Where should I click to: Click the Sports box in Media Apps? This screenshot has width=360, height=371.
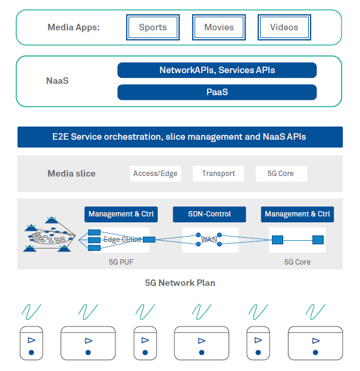pyautogui.click(x=153, y=27)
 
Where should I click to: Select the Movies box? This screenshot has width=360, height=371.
pyautogui.click(x=219, y=27)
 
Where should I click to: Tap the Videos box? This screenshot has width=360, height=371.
pyautogui.click(x=284, y=27)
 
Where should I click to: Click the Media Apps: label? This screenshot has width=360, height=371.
pyautogui.click(x=74, y=27)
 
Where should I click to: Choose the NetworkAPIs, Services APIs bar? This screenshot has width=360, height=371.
pyautogui.click(x=217, y=70)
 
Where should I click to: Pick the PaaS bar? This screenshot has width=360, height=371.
pyautogui.click(x=217, y=92)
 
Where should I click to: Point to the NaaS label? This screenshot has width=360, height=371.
pyautogui.click(x=57, y=80)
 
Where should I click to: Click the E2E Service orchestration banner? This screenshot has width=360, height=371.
pyautogui.click(x=180, y=137)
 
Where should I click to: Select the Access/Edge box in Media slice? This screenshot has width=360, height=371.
pyautogui.click(x=155, y=174)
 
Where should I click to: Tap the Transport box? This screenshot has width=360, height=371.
pyautogui.click(x=218, y=174)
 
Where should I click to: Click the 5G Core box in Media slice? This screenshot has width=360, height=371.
pyautogui.click(x=281, y=174)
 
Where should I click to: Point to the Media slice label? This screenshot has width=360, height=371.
pyautogui.click(x=71, y=174)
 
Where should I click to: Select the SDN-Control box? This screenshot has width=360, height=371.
pyautogui.click(x=209, y=214)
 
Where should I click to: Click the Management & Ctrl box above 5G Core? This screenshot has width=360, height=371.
pyautogui.click(x=298, y=214)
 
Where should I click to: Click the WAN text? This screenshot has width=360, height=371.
pyautogui.click(x=209, y=240)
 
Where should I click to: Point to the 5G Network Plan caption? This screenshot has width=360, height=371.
pyautogui.click(x=180, y=283)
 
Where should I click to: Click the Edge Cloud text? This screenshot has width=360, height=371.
pyautogui.click(x=122, y=240)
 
